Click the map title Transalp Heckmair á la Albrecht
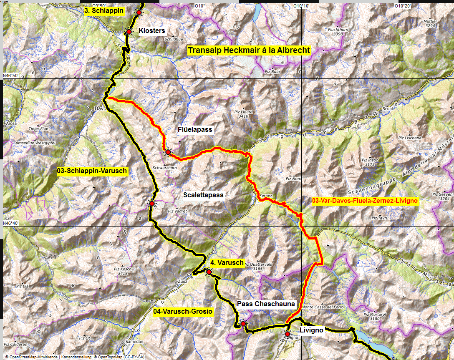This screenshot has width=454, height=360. [x=249, y=50]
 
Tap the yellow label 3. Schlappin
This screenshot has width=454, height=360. [x=104, y=11]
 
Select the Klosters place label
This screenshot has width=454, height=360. [x=152, y=30]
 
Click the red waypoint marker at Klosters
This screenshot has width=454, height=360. [x=129, y=32]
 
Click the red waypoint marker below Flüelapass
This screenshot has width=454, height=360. [x=168, y=152]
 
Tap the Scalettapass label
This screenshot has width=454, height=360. [x=203, y=195]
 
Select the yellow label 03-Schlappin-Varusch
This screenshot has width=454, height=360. [x=92, y=171]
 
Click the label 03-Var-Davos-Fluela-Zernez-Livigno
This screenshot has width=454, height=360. [x=365, y=201]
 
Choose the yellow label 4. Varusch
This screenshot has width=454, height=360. [x=227, y=263]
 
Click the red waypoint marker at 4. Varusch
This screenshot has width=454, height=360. [x=209, y=272]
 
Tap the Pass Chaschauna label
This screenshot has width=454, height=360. [x=266, y=304]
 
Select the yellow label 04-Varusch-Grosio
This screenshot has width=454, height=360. [x=183, y=312]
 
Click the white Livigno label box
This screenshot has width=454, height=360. [x=311, y=330]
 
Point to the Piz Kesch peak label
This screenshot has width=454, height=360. [x=123, y=272]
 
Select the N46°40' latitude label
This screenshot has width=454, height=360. [x=10, y=223]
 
